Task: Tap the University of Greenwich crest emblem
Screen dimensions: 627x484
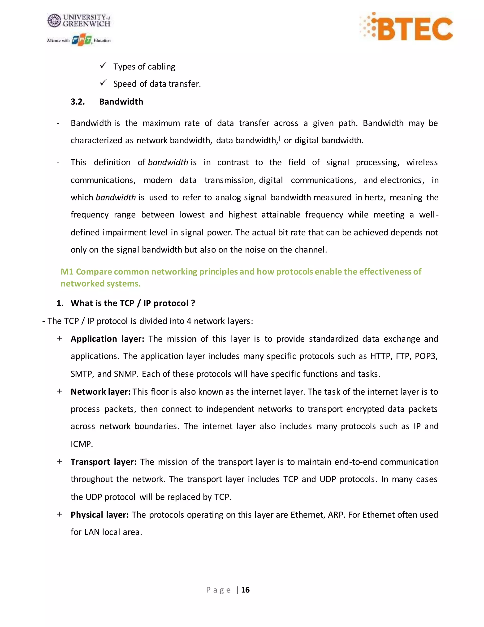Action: (x=54, y=21)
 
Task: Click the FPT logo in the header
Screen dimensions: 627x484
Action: (x=82, y=40)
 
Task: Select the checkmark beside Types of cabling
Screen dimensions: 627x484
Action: (x=103, y=66)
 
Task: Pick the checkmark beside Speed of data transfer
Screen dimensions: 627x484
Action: (x=103, y=83)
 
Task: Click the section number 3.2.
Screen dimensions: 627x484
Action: (x=78, y=102)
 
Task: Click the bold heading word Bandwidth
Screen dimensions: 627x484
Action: (x=121, y=102)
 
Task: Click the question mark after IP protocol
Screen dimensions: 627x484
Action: (x=193, y=303)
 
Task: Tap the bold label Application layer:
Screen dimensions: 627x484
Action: (x=107, y=339)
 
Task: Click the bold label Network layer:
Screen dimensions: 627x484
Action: (x=101, y=392)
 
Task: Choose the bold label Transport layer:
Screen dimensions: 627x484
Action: (x=104, y=462)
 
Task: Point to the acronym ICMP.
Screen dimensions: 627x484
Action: (x=82, y=444)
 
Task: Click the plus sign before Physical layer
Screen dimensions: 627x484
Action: (x=59, y=514)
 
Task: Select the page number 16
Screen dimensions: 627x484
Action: (x=246, y=590)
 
